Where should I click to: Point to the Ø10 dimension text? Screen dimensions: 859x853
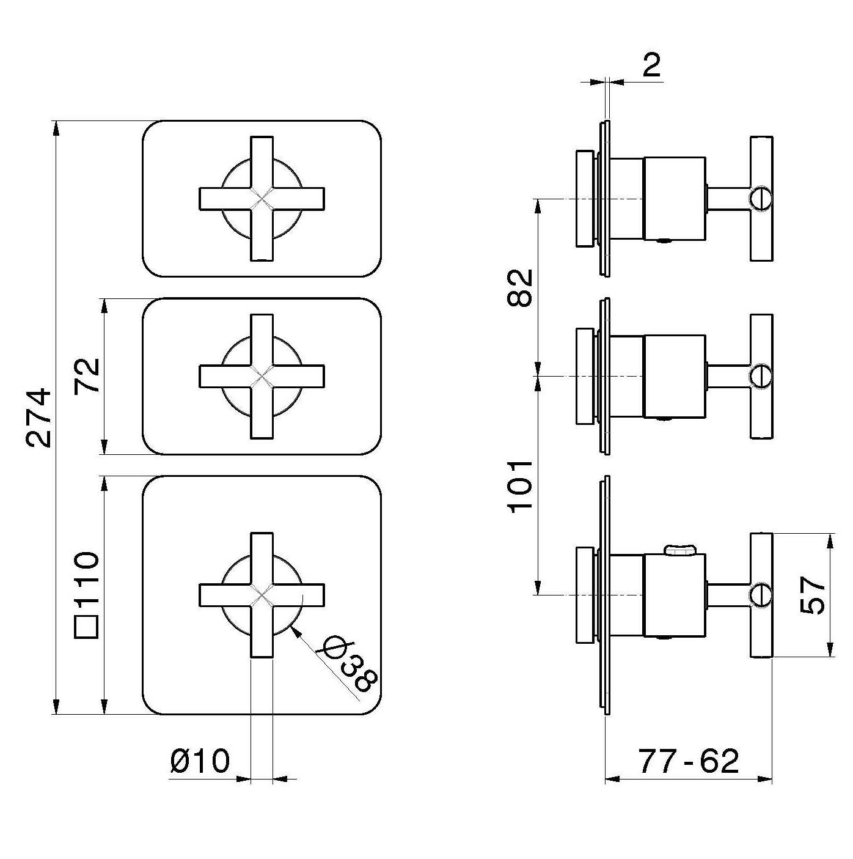click(200, 762)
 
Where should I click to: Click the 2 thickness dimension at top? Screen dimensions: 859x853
click(652, 65)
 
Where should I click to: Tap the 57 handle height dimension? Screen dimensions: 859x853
click(813, 595)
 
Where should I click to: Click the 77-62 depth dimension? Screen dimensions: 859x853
click(689, 762)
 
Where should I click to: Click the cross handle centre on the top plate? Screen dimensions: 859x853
click(262, 199)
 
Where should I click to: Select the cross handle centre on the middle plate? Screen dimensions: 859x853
click(262, 377)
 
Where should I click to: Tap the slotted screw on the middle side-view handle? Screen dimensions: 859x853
click(761, 375)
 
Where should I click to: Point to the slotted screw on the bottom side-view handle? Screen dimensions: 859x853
click(761, 594)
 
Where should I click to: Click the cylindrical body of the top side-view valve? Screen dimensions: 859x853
click(675, 199)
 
